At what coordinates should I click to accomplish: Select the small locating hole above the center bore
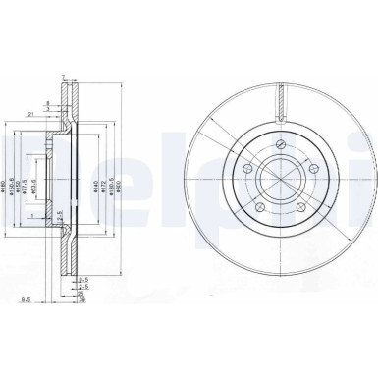click(281, 144)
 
